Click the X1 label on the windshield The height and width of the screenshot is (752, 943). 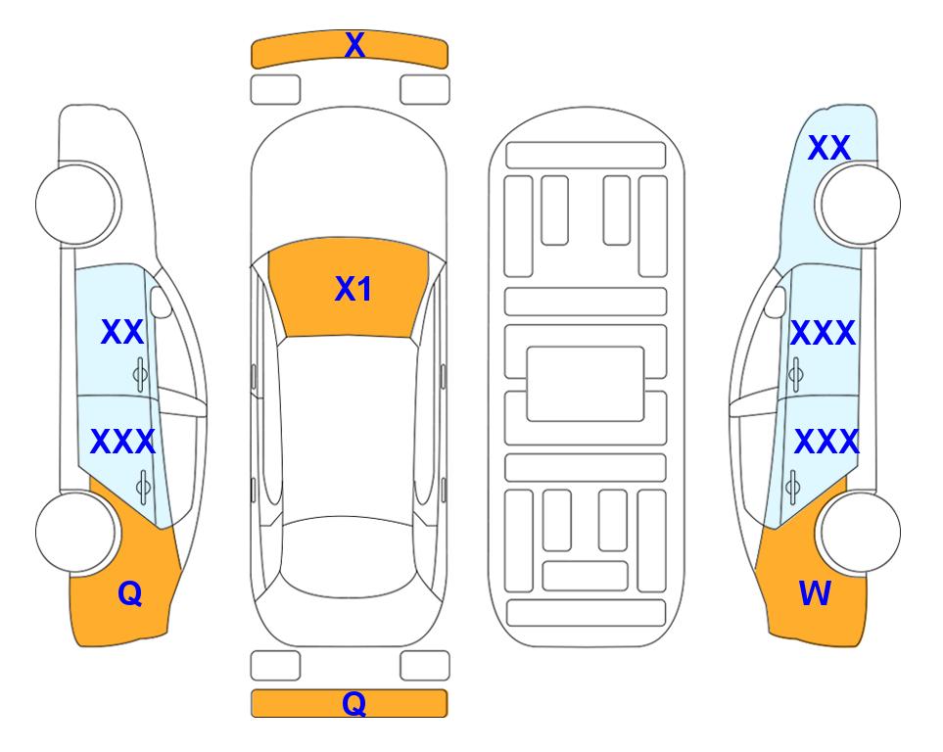click(x=354, y=289)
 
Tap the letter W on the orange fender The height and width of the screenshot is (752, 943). click(x=815, y=593)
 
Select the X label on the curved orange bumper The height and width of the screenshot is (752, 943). click(x=354, y=44)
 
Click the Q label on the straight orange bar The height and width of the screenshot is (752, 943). click(x=354, y=703)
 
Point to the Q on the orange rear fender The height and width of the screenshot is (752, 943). click(x=130, y=593)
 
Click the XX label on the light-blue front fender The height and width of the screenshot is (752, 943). click(x=828, y=148)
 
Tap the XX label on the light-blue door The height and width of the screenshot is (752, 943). click(x=122, y=332)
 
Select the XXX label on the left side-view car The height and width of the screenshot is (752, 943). click(x=122, y=442)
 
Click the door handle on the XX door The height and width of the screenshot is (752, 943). click(x=140, y=374)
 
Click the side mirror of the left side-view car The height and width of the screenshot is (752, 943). click(x=161, y=302)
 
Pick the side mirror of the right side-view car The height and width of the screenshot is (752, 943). click(x=776, y=302)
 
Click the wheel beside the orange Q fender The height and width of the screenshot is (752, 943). click(x=77, y=533)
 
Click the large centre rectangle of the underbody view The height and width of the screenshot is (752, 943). click(x=586, y=384)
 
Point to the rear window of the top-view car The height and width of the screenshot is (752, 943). click(x=349, y=556)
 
